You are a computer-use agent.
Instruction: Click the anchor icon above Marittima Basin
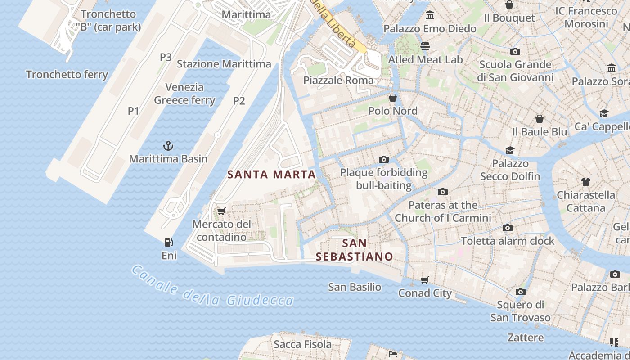tap(168, 145)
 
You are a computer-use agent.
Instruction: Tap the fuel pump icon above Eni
tap(169, 243)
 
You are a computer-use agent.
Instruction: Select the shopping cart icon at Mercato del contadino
tap(221, 211)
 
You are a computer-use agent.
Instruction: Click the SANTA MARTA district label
tap(271, 175)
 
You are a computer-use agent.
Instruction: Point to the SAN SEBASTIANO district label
tap(354, 250)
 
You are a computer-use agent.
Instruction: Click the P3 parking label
tap(166, 57)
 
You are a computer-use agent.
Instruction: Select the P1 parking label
tap(133, 111)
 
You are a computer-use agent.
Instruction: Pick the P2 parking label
tap(239, 101)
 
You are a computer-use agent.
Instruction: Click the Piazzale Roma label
tap(338, 81)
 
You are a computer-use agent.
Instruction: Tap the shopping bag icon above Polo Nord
tap(393, 98)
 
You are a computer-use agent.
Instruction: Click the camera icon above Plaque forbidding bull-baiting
tap(384, 159)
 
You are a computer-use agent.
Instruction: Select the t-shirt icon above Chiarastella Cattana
tap(585, 182)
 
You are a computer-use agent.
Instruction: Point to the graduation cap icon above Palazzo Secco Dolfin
tap(510, 150)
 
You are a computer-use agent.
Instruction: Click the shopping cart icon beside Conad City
tap(425, 280)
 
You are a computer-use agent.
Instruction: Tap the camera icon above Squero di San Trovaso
tap(520, 292)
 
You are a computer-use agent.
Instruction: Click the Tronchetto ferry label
tap(67, 74)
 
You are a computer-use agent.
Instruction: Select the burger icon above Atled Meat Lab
tap(425, 46)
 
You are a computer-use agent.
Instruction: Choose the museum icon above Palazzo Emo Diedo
tap(430, 16)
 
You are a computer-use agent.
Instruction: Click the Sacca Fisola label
tap(302, 344)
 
